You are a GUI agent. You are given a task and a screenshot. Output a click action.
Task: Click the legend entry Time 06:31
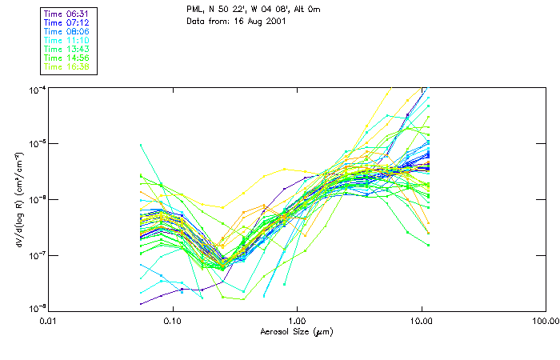pyautogui.click(x=66, y=14)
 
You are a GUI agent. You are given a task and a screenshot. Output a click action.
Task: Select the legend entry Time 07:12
pyautogui.click(x=66, y=22)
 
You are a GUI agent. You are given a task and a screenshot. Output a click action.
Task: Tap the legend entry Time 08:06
pyautogui.click(x=66, y=31)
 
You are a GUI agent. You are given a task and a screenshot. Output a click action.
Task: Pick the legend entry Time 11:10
pyautogui.click(x=66, y=40)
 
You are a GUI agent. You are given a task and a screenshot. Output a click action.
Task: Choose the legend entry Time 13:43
pyautogui.click(x=66, y=49)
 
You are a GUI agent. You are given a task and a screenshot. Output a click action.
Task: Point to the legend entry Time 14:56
pyautogui.click(x=66, y=58)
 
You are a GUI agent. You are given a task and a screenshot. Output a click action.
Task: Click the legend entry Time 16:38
pyautogui.click(x=66, y=66)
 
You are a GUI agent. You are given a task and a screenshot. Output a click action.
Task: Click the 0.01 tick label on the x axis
pyautogui.click(x=49, y=320)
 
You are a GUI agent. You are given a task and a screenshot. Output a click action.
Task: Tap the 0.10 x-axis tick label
pyautogui.click(x=173, y=320)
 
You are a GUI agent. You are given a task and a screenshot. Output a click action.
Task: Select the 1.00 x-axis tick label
pyautogui.click(x=297, y=320)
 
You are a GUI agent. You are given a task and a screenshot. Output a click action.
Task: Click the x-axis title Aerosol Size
pyautogui.click(x=292, y=330)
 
